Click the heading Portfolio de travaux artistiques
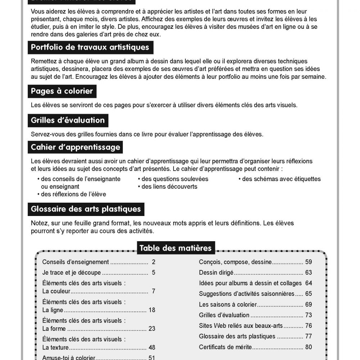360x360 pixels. coord(90,48)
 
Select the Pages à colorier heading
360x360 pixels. coord(62,91)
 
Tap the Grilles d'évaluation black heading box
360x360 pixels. coord(68,120)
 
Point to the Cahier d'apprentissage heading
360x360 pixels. coord(76,147)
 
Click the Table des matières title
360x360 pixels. coord(175,248)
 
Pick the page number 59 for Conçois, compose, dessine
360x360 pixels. coord(308,262)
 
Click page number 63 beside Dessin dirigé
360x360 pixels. coord(308,273)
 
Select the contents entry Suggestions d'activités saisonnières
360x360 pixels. coord(247,294)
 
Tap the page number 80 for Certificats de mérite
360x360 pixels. coord(308,347)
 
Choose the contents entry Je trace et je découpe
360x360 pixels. coord(71,273)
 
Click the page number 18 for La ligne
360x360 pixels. coord(152,310)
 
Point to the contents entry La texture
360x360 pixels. coord(55,348)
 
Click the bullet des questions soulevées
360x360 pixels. coord(175,179)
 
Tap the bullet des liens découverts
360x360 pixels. coord(169,186)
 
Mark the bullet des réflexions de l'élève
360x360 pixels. coord(73,194)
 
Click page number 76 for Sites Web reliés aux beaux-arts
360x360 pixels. coord(308,326)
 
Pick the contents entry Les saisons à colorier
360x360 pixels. coord(228,305)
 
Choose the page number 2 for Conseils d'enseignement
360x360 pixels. coord(153,262)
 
